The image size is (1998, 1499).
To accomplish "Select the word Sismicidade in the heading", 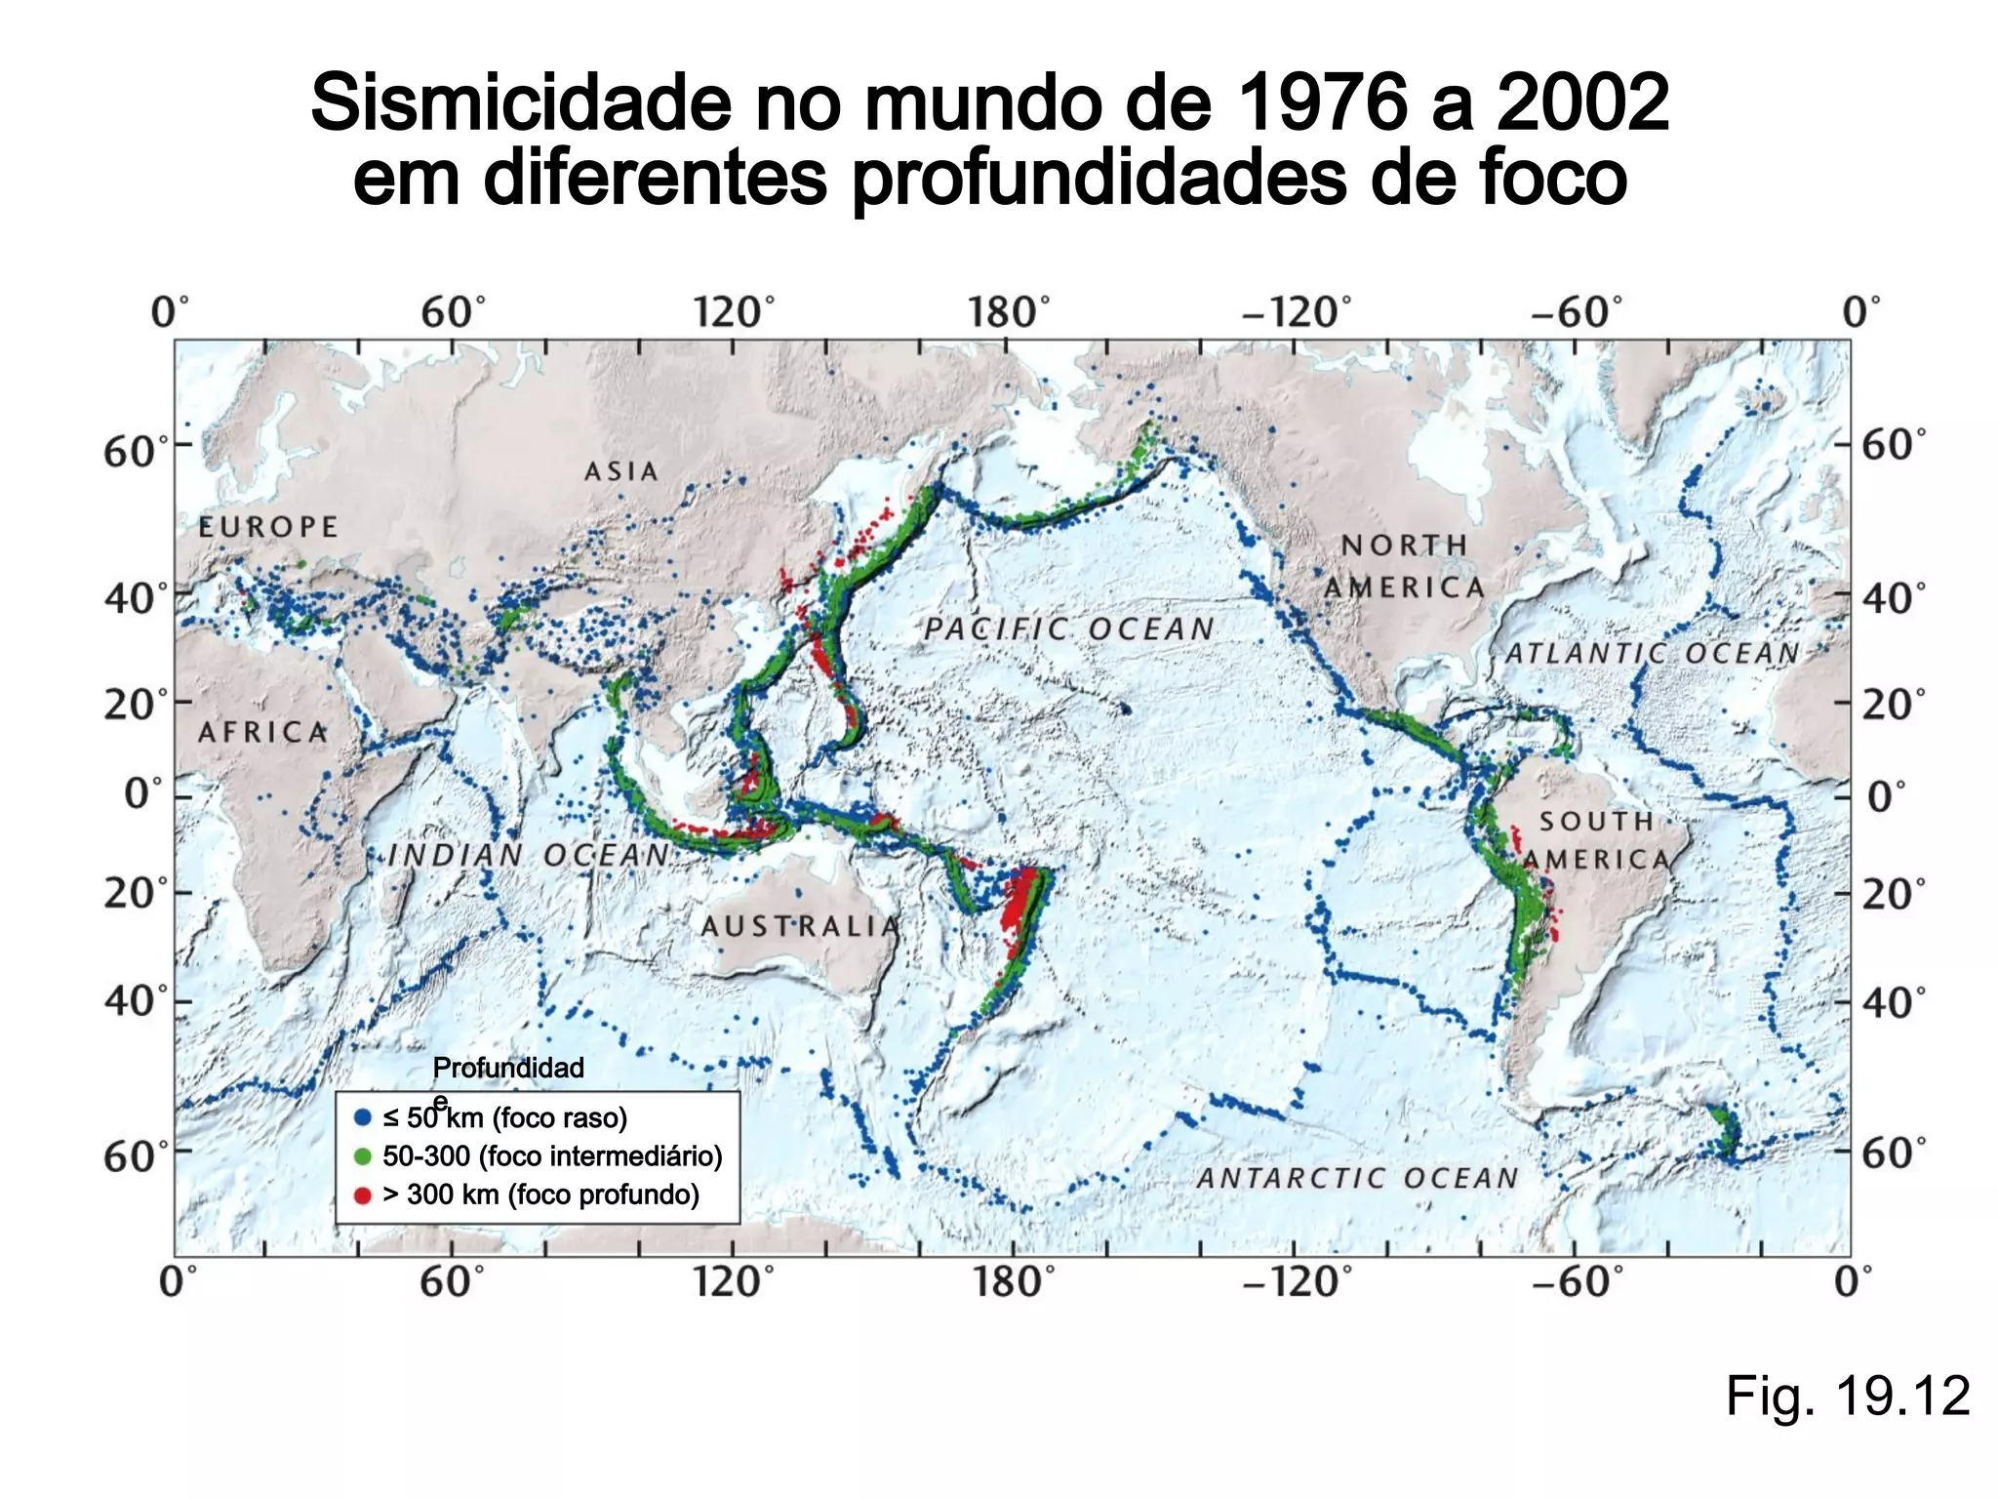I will tap(520, 102).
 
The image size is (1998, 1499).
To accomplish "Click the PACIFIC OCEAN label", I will tap(1069, 629).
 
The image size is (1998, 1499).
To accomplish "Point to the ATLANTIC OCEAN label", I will tap(1652, 654).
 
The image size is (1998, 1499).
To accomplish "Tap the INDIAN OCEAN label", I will tap(529, 856).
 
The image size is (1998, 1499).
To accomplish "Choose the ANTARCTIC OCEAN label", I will tap(1358, 1179).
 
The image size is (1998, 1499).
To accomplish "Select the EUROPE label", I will tap(268, 527).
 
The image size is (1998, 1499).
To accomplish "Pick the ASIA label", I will tap(621, 471).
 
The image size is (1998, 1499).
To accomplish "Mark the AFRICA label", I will tap(263, 732).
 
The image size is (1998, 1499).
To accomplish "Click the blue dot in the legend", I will tap(363, 1117).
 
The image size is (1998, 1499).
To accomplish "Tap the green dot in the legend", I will tap(363, 1156).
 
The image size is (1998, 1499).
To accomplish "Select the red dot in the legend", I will tap(363, 1195).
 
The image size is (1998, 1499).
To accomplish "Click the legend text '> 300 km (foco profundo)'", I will tap(540, 1195).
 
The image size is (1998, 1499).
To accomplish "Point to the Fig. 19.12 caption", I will tap(1847, 1396).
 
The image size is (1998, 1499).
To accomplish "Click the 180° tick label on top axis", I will tap(1009, 313).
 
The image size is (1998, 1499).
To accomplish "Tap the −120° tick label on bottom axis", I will tap(1297, 1281).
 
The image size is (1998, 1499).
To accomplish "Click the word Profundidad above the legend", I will tap(508, 1068).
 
